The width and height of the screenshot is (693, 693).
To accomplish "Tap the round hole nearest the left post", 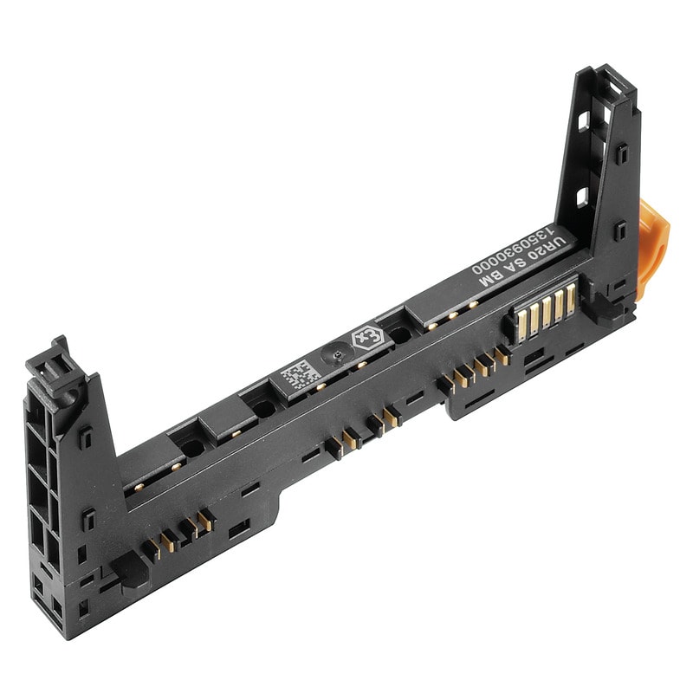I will [x=190, y=447].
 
